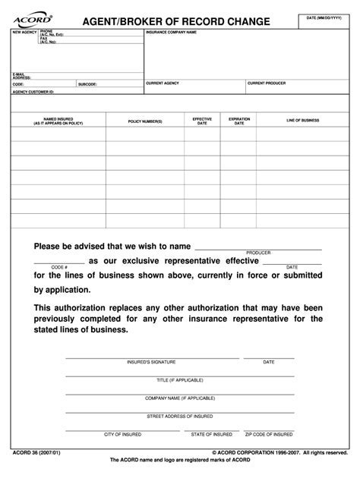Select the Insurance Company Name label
click(172, 33)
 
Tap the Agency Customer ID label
click(34, 91)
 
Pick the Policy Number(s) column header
click(145, 121)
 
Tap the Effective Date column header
click(202, 121)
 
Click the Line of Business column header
click(302, 121)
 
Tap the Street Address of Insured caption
click(181, 416)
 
